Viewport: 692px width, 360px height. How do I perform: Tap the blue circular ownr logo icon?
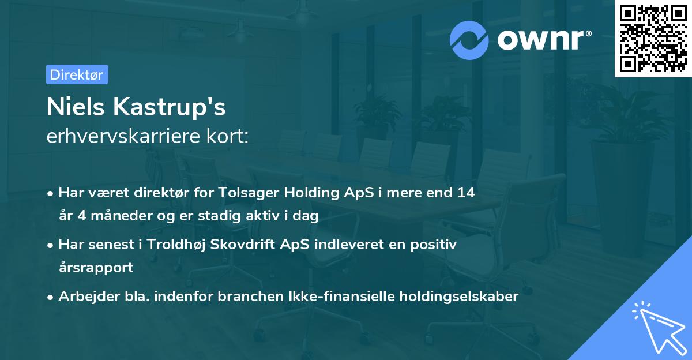(470, 40)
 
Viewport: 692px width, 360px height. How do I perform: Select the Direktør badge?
(77, 74)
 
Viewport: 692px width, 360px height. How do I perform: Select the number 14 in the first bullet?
(467, 193)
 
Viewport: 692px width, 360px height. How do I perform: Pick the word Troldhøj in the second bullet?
(172, 245)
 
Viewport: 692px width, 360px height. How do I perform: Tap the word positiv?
(433, 245)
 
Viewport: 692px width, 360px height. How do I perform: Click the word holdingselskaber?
(461, 297)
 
